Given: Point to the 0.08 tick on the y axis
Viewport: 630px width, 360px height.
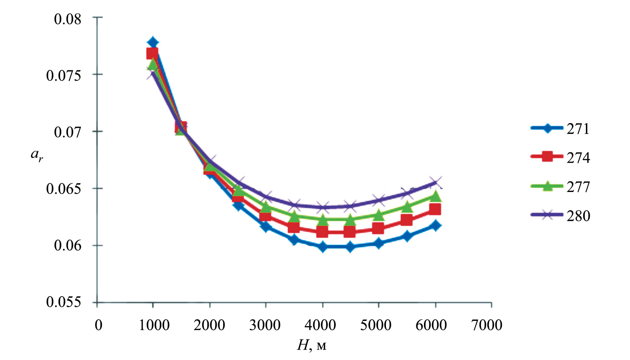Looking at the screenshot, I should (x=68, y=19).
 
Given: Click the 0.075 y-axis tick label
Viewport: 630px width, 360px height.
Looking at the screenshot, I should (x=64, y=75).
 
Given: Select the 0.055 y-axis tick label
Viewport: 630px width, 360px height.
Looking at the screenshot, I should (x=64, y=302).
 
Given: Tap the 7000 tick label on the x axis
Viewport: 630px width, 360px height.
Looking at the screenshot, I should (x=487, y=325).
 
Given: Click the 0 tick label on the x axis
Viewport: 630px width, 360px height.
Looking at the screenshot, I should (x=98, y=325).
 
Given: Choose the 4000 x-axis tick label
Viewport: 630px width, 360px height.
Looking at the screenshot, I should (x=321, y=325).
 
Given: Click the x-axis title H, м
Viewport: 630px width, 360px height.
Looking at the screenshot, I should (x=311, y=346).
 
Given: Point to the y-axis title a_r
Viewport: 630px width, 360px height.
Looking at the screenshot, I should (x=37, y=155).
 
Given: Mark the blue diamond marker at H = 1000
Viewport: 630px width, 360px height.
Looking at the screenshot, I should (x=153, y=42).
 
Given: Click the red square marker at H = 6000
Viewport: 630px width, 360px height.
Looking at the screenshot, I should (x=435, y=209).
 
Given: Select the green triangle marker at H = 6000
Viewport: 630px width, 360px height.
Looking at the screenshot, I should (x=435, y=197).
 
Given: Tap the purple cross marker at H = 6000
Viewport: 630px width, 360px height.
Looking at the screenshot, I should (x=435, y=182).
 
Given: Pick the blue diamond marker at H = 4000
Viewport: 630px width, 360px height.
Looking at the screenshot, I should (x=323, y=247).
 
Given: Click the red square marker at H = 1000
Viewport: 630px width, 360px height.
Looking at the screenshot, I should (x=152, y=54).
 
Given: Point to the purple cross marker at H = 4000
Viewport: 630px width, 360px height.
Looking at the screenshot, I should (x=323, y=208).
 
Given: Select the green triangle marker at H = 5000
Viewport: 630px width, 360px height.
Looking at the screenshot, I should (x=378, y=215).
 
